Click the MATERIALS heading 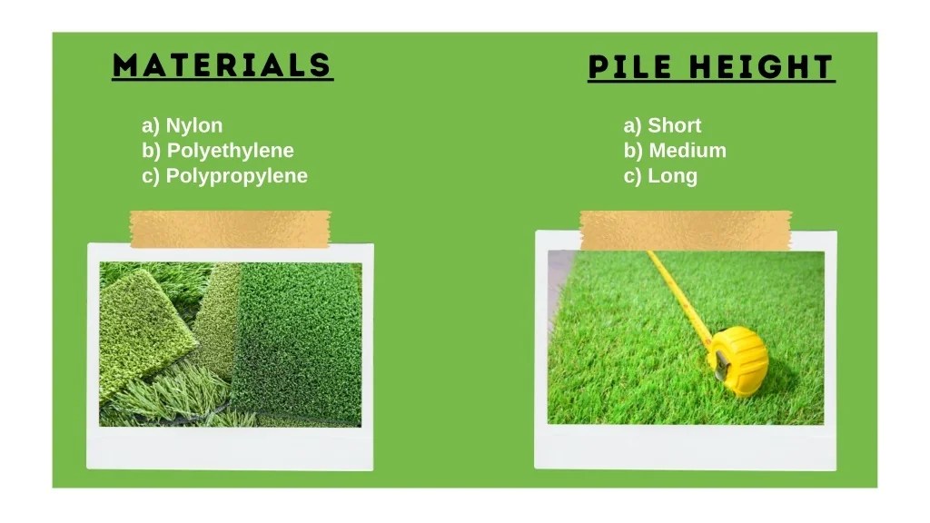coord(223,65)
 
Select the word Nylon coord(193,125)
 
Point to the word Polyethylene coord(230,151)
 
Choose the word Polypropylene coord(236,176)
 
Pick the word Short coord(674,125)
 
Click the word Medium coord(687,151)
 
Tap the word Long coord(672,176)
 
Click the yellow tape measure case coord(737,360)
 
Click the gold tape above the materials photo coord(230,229)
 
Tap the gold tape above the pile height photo coord(686,230)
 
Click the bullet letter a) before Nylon coord(151,125)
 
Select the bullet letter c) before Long coord(632,176)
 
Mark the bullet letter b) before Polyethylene coord(152,151)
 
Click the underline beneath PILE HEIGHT coord(711,83)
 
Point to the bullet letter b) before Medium coord(633,151)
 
